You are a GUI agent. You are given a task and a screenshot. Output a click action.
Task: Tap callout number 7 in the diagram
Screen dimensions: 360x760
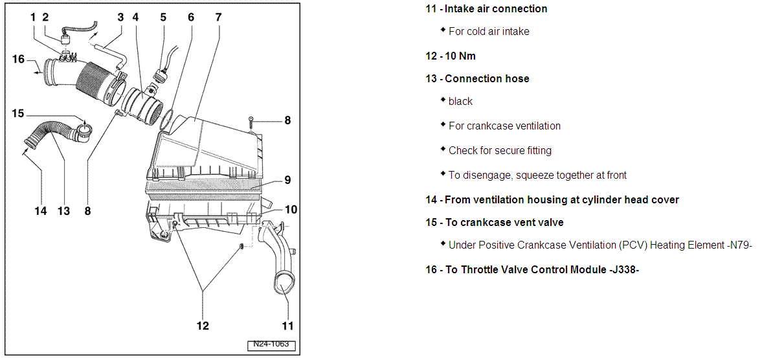(x=218, y=17)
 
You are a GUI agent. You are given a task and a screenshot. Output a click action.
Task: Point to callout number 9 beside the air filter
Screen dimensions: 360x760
(x=287, y=181)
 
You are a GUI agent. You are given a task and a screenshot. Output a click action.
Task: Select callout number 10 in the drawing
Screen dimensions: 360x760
(x=291, y=209)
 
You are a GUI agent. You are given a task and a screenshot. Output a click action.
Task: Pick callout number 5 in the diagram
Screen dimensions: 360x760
(x=163, y=17)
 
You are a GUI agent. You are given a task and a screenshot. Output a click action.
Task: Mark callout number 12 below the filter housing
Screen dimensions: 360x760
(x=203, y=326)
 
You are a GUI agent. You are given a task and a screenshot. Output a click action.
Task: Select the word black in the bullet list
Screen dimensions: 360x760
(x=460, y=102)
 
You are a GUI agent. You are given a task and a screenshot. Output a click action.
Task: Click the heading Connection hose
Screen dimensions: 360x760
(x=487, y=78)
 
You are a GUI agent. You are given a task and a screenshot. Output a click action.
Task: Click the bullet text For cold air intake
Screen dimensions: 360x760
(x=489, y=31)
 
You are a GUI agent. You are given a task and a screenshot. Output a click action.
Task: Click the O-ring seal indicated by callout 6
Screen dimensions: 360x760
(x=166, y=119)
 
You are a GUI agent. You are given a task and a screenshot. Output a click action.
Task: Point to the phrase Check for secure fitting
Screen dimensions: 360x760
(x=500, y=150)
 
